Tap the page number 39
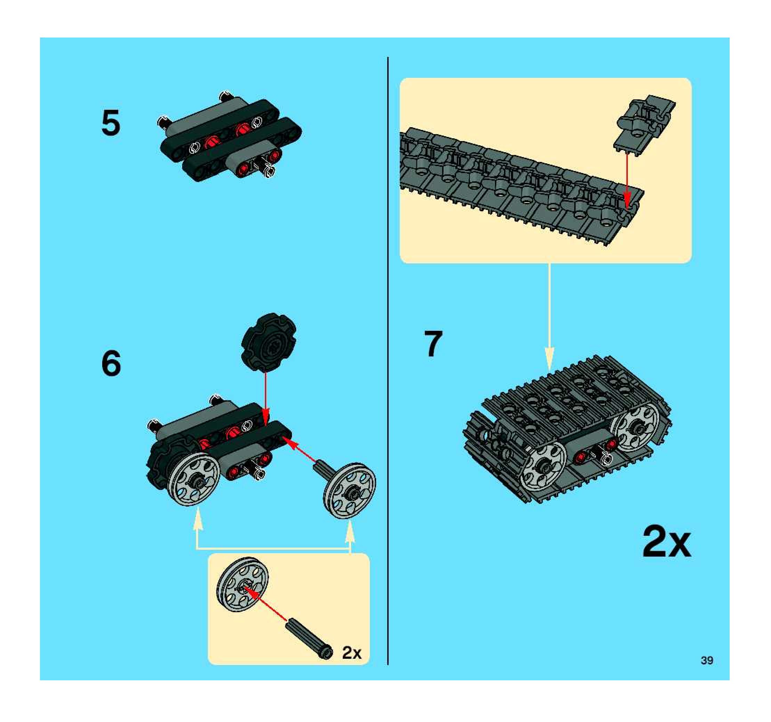(x=707, y=661)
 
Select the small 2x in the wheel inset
(x=351, y=653)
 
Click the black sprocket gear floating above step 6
(x=268, y=342)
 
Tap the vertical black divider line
(x=388, y=361)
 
